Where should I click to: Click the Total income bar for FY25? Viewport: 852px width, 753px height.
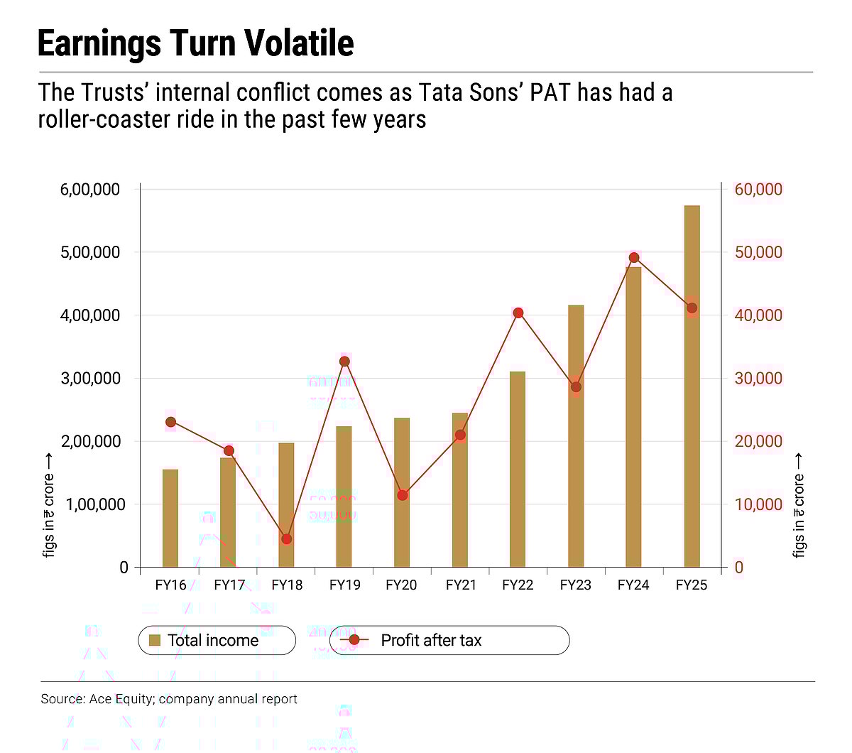[x=692, y=386]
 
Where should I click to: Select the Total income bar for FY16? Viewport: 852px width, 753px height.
[x=170, y=518]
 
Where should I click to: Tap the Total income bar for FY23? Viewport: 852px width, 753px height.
[x=576, y=436]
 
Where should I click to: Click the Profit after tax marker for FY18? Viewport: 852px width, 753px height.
[x=287, y=539]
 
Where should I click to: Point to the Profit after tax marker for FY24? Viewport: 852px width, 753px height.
[x=634, y=258]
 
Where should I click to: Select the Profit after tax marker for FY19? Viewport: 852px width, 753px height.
[x=345, y=362]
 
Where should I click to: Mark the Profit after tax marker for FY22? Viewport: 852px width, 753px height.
[x=518, y=313]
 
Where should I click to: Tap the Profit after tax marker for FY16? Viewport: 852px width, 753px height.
[x=170, y=422]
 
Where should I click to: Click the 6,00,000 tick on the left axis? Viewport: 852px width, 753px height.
[x=89, y=190]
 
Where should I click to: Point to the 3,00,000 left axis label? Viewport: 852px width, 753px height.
[x=89, y=379]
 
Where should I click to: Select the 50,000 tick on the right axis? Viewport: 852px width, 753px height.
[x=758, y=253]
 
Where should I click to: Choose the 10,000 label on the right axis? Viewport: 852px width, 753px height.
[x=758, y=504]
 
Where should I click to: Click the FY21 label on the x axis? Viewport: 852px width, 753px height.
[x=460, y=585]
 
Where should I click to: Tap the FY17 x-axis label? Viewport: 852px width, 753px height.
[x=229, y=585]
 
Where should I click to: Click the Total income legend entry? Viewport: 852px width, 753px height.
[x=212, y=640]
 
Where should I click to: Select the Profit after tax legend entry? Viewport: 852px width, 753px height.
[x=430, y=640]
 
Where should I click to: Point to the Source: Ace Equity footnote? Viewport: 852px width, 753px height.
[x=169, y=699]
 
